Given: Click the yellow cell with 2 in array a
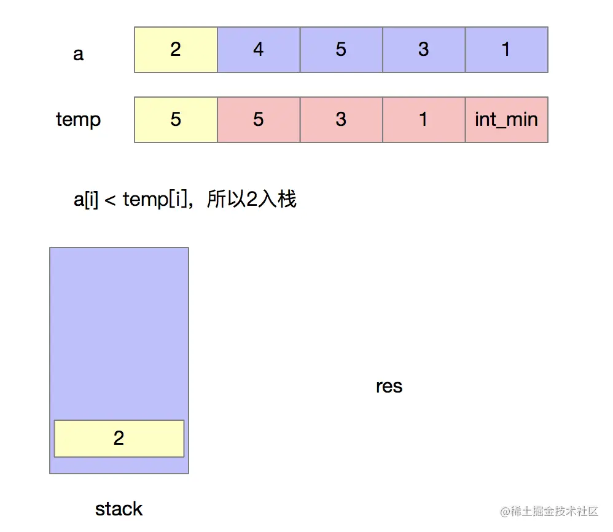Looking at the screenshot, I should point(176,49).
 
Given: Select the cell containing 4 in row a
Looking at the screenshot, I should point(259,49).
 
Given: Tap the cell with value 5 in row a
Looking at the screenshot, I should point(341,49).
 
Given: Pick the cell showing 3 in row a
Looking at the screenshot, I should point(424,49).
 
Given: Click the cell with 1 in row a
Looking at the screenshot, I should point(506,49).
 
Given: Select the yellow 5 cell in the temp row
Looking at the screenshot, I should point(176,119).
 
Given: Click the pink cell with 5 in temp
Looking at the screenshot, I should point(259,119).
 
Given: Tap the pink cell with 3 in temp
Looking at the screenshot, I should point(341,119).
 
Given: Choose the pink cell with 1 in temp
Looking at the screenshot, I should point(424,119).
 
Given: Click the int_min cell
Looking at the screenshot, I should point(506,119).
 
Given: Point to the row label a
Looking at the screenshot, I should point(78,54).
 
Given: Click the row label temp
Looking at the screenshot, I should point(78,119).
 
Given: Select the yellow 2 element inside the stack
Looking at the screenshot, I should point(119,438).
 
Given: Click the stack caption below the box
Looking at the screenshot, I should point(119,509).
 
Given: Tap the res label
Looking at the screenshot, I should point(389,386).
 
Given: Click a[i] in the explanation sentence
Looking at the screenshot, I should point(86,200).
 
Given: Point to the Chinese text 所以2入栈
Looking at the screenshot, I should point(252,200).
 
